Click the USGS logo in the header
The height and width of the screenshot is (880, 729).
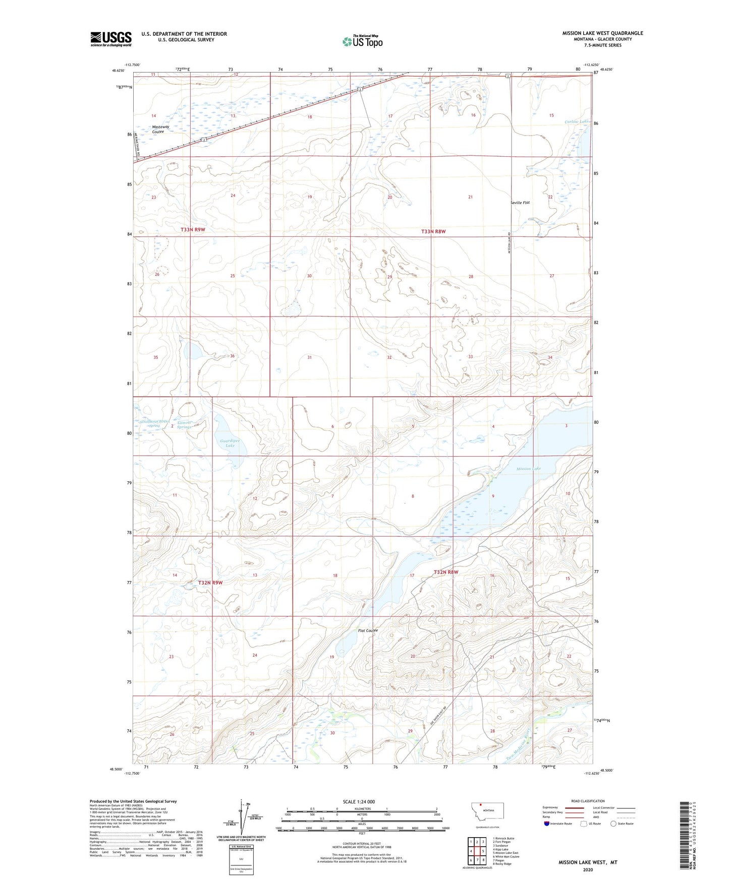point(111,39)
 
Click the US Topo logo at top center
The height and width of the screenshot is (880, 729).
point(362,41)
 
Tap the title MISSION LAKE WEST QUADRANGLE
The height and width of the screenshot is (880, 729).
point(602,33)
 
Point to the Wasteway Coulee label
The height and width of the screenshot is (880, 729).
point(161,130)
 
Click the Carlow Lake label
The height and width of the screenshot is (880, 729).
point(577,122)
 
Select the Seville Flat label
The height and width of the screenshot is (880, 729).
point(520,203)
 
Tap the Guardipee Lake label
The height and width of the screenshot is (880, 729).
point(230,443)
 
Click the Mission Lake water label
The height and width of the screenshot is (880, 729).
point(528,469)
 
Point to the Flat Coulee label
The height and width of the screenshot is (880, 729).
point(367,631)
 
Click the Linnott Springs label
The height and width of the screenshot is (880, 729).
point(184,425)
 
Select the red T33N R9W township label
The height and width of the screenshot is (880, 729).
point(193,230)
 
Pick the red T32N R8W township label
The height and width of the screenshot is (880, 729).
point(446,572)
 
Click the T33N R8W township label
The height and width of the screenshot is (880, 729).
point(433,232)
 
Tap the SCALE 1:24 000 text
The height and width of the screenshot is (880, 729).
point(358,801)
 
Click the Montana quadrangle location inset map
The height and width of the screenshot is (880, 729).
point(487,814)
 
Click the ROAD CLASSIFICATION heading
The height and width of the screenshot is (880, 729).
point(588,801)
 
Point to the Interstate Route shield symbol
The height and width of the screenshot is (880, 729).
point(547,824)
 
